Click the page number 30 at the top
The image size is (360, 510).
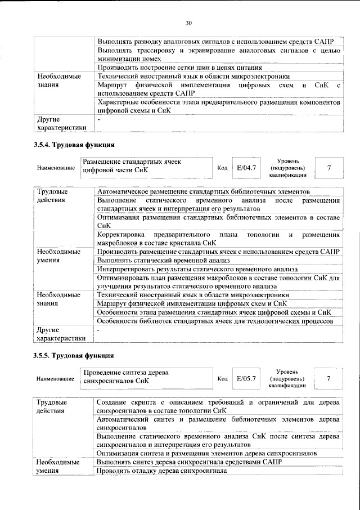click(188, 23)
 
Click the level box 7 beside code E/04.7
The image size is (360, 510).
click(328, 168)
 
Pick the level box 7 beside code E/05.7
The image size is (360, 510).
click(328, 378)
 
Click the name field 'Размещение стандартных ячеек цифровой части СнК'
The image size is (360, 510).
click(147, 167)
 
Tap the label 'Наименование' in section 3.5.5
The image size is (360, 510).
click(55, 379)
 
